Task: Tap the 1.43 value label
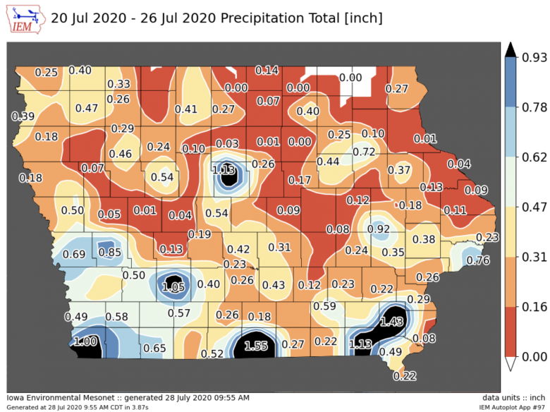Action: [391, 321]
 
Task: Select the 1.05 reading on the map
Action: [173, 287]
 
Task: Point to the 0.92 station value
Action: [379, 229]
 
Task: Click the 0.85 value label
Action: [109, 252]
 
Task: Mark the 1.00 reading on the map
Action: [86, 341]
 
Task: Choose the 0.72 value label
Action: [364, 152]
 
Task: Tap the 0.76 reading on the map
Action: [478, 260]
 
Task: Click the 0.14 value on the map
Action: [267, 70]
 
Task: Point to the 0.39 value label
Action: [23, 116]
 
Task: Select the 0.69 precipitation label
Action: [75, 254]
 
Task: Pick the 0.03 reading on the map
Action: [227, 143]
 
